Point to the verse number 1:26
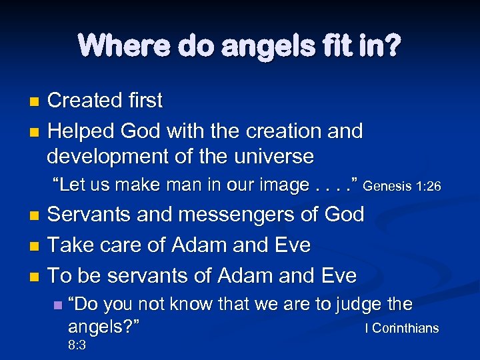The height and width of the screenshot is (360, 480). point(427,187)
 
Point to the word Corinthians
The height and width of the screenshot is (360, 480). point(405,329)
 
